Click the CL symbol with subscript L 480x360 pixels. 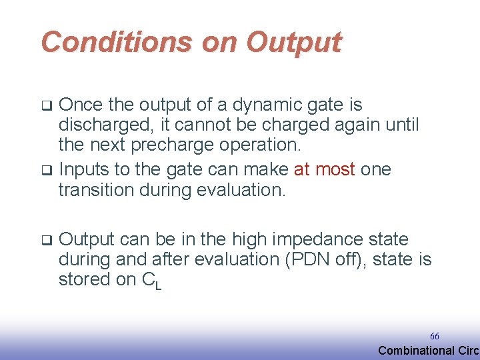(x=152, y=281)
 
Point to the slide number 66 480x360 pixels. (x=434, y=337)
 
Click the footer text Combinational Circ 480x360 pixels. (x=428, y=351)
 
